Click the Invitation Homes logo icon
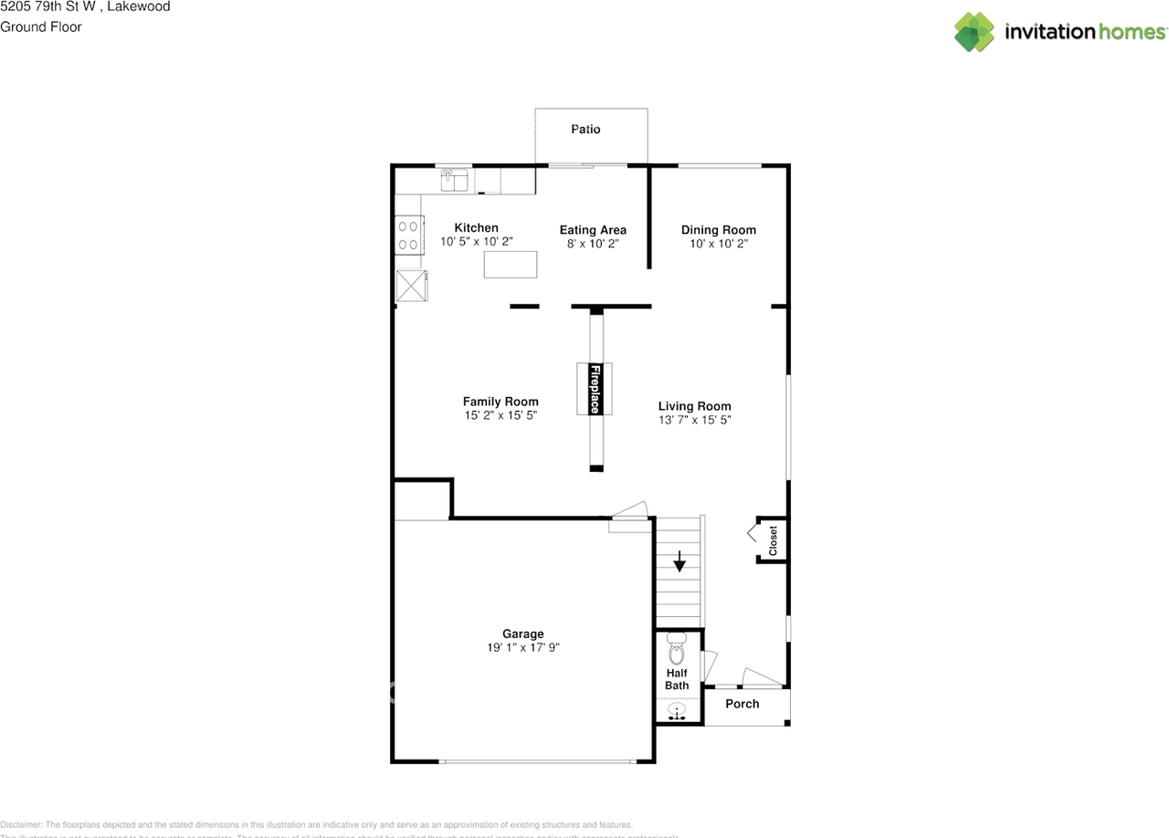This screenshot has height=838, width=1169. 974,32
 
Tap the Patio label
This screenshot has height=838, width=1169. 585,130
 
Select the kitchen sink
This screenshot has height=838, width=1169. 454,180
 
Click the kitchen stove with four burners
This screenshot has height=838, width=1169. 408,235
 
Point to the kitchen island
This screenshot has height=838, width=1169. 511,264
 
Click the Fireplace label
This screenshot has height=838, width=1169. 595,389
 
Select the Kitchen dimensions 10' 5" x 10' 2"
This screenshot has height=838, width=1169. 477,242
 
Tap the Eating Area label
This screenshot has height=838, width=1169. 593,230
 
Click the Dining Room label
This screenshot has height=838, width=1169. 719,230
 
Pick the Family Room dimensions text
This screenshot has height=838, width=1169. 500,415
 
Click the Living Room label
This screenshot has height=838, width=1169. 695,406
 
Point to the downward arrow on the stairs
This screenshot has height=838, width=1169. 679,561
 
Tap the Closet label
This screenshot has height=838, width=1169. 773,540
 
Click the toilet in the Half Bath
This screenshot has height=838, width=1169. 677,651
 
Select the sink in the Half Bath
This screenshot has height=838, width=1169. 677,710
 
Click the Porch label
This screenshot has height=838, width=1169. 742,704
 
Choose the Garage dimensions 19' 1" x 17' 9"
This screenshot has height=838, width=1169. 523,647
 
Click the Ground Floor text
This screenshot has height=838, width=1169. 41,26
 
